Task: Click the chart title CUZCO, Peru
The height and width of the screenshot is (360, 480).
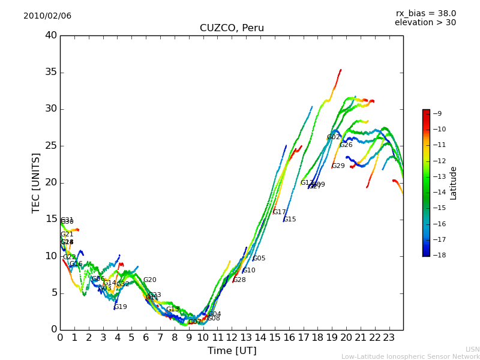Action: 232,28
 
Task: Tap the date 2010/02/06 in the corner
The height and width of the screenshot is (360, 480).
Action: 47,16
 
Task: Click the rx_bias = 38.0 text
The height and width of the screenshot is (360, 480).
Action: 425,13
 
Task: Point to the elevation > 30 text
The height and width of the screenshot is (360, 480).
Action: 425,23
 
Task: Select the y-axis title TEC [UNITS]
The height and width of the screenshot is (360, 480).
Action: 36,182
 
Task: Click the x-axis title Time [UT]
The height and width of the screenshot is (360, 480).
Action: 232,350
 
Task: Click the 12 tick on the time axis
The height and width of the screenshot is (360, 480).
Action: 232,337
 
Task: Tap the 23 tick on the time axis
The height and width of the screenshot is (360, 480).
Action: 389,337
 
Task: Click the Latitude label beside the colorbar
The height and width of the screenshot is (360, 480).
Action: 454,182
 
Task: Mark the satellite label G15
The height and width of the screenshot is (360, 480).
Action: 290,220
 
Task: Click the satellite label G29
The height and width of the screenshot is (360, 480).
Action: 338,166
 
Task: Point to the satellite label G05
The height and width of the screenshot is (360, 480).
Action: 259,259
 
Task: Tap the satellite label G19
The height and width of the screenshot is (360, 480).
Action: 121,307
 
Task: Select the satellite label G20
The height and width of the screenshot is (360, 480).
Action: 149,280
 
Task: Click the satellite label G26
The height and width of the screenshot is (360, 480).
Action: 346,145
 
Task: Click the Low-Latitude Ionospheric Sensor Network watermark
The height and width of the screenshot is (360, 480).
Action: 410,356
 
